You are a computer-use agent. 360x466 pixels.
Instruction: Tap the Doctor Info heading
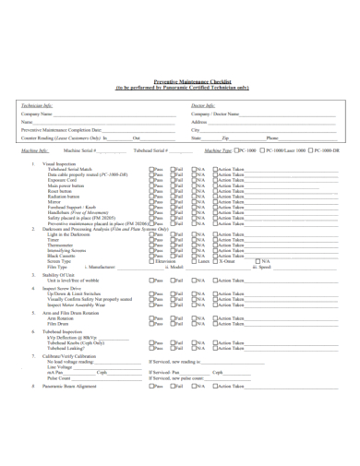coord(202,106)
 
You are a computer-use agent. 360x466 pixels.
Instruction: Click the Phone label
coord(272,137)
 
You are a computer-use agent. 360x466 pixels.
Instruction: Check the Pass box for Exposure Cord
coord(150,180)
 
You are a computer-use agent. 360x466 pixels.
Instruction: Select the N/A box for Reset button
coord(194,191)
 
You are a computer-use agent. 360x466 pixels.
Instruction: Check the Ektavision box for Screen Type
coord(150,261)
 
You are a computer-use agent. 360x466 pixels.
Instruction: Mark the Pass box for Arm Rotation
coord(150,318)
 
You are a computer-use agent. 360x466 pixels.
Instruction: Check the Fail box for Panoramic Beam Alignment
coord(172,387)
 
